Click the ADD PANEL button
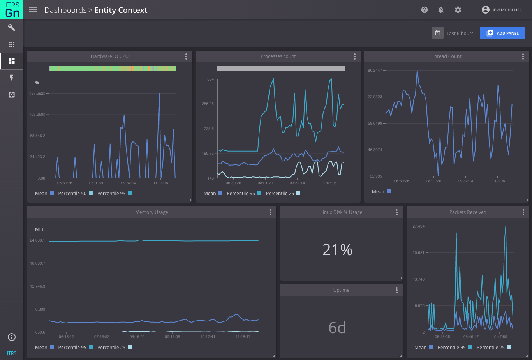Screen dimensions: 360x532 pyautogui.click(x=502, y=33)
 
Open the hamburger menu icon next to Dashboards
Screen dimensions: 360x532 pyautogui.click(x=33, y=10)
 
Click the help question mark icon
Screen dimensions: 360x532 pyautogui.click(x=425, y=10)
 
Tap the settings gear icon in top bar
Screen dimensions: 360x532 pyautogui.click(x=458, y=10)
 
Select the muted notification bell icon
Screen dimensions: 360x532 pyautogui.click(x=441, y=10)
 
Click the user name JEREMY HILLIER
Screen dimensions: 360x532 pyautogui.click(x=507, y=10)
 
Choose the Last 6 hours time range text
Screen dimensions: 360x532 pyautogui.click(x=460, y=34)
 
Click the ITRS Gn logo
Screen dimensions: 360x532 pyautogui.click(x=12, y=10)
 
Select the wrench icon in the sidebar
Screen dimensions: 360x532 pyautogui.click(x=12, y=28)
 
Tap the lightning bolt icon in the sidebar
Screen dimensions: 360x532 pyautogui.click(x=12, y=78)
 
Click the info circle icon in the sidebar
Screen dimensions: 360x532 pyautogui.click(x=12, y=337)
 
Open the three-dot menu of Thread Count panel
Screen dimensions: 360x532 pyautogui.click(x=523, y=56)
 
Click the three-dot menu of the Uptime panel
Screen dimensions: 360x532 pyautogui.click(x=396, y=290)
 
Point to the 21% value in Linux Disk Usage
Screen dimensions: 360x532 pyautogui.click(x=337, y=250)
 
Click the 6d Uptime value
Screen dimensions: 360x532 pyautogui.click(x=337, y=328)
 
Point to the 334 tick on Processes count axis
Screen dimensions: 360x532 pyautogui.click(x=210, y=79)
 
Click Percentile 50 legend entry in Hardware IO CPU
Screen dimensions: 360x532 pyautogui.click(x=72, y=194)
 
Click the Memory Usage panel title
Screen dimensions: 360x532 pyautogui.click(x=151, y=212)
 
